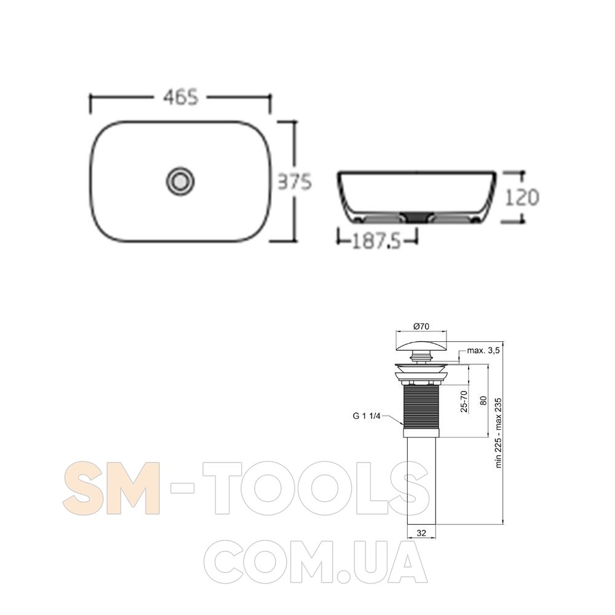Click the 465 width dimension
[x=181, y=97]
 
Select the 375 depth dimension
[x=295, y=182]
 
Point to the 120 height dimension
[x=522, y=197]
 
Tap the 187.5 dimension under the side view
[x=376, y=241]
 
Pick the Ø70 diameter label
[x=421, y=326]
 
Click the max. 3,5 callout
[x=483, y=351]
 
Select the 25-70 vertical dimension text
[x=464, y=401]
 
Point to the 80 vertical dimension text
[x=483, y=400]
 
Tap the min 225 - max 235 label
[x=499, y=432]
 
